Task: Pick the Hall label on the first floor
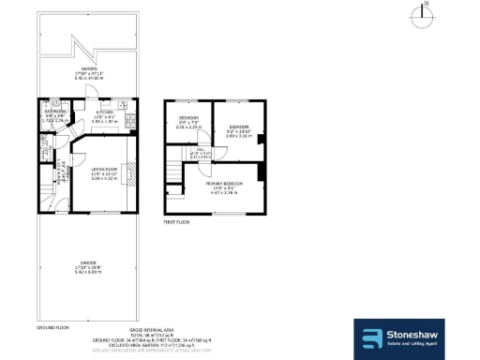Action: coord(200,154)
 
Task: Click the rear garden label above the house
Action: coord(89,76)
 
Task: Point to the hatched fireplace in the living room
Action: coord(136,174)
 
